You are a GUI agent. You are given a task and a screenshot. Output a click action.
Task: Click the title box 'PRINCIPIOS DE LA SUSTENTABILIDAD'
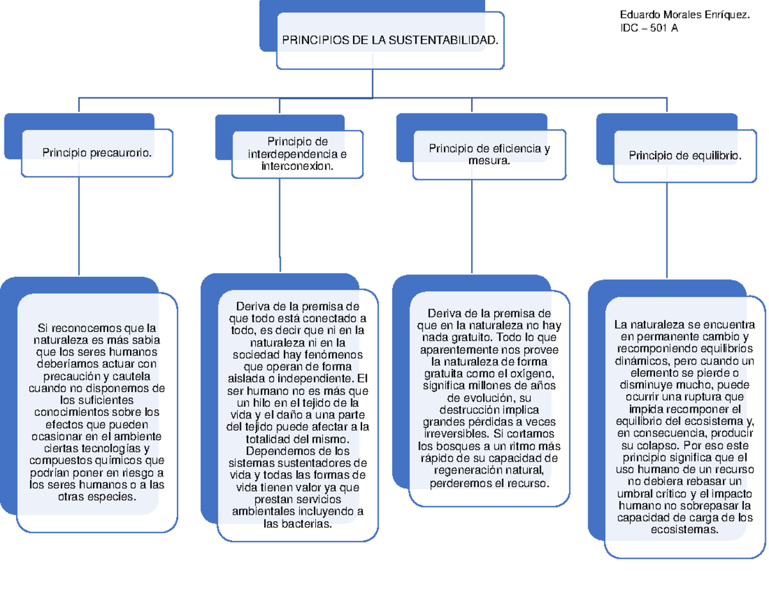click(x=390, y=40)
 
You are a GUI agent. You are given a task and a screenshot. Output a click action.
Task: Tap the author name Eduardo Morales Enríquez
click(x=686, y=15)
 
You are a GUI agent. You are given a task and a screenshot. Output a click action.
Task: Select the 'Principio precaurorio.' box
click(x=97, y=153)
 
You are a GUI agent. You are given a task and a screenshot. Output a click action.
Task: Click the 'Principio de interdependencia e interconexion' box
click(x=297, y=154)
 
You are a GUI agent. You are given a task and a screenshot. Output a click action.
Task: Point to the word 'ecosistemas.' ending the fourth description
click(x=685, y=531)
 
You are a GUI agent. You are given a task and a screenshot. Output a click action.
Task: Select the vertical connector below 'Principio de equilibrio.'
click(x=667, y=231)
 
